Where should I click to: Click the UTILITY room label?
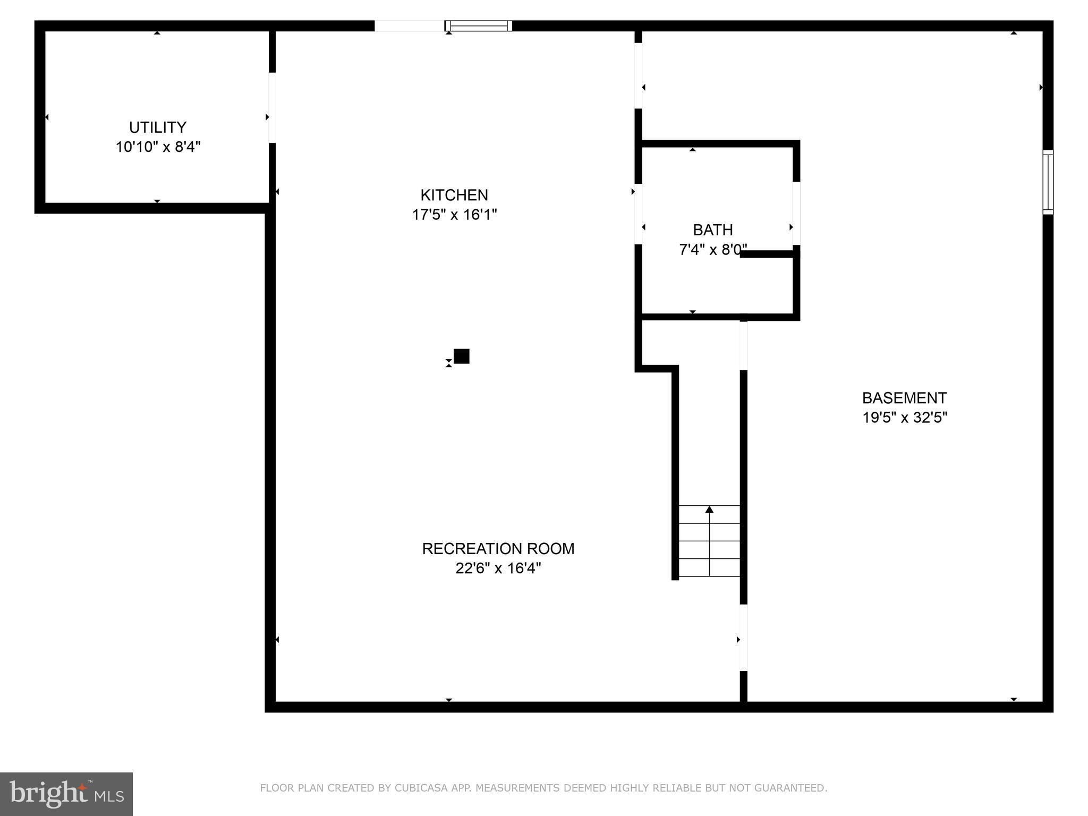(x=158, y=127)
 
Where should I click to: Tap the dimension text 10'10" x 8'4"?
(x=158, y=147)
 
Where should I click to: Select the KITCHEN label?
(x=454, y=195)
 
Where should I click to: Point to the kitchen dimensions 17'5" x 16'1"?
(x=454, y=215)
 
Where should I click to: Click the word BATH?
(x=713, y=230)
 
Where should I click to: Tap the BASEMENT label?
(x=904, y=398)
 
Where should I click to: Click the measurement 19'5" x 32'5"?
(x=904, y=418)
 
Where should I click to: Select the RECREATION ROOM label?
(x=498, y=549)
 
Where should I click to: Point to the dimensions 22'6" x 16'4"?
(x=498, y=568)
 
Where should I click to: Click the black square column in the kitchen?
(x=461, y=356)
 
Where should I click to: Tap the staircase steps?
(x=709, y=542)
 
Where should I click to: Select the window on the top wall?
(x=478, y=25)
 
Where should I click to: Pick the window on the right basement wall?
(x=1048, y=182)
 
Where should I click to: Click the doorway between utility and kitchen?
(x=272, y=107)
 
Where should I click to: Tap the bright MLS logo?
(x=66, y=794)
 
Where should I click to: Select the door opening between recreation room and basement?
(x=744, y=637)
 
